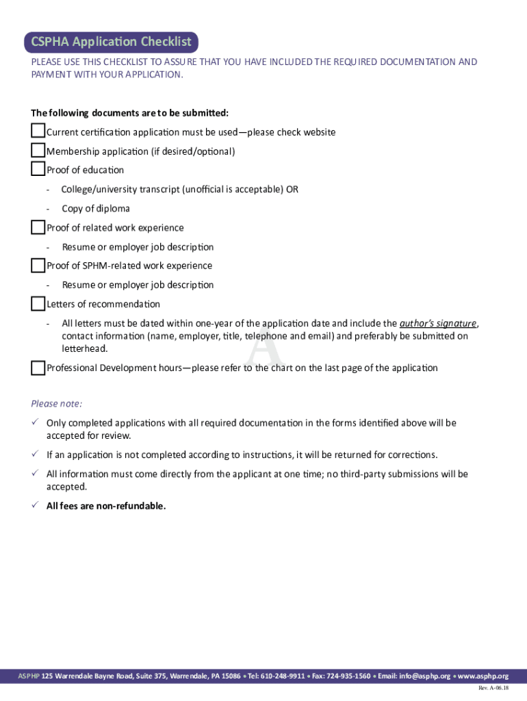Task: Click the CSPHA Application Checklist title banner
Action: tap(111, 42)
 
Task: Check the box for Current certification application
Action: tap(38, 131)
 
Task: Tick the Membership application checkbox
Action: tap(38, 150)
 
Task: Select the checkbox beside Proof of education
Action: tap(38, 169)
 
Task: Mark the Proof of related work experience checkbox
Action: tap(38, 227)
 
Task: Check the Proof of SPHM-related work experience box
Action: tap(38, 265)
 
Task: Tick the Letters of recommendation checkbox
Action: tap(38, 303)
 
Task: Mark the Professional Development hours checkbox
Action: tap(38, 368)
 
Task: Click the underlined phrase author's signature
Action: tap(438, 323)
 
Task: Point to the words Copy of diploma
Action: tap(95, 209)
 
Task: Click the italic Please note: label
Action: tap(57, 403)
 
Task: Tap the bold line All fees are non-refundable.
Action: tap(106, 506)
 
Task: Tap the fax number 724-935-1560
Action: tap(348, 676)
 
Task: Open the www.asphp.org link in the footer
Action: tap(483, 676)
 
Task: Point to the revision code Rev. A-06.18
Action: tap(493, 688)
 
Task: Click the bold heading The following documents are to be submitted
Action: tap(130, 112)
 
